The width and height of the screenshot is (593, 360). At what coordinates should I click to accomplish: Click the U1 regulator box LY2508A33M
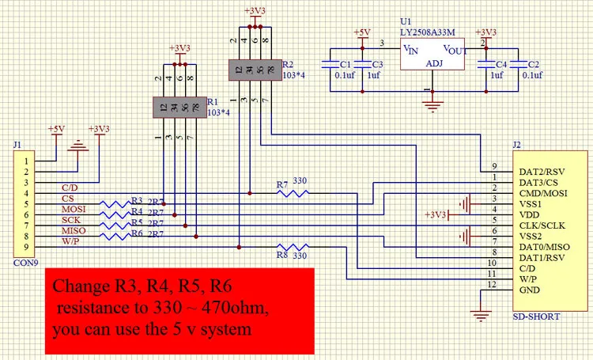[x=432, y=54]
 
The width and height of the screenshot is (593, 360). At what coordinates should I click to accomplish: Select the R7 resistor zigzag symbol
[x=293, y=193]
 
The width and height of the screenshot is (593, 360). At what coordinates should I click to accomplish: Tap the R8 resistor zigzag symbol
[x=293, y=247]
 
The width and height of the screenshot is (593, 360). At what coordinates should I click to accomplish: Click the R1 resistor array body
[x=179, y=108]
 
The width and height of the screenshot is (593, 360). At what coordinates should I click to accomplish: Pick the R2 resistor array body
[x=255, y=70]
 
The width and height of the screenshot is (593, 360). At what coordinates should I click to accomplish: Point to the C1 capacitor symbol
[x=330, y=64]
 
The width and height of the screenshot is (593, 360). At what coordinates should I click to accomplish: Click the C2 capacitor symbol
[x=519, y=64]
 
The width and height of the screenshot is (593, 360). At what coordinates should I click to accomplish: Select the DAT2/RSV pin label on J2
[x=542, y=172]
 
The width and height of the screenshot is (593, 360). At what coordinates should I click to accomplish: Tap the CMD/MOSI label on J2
[x=543, y=193]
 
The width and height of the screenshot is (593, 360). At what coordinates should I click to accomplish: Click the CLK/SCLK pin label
[x=542, y=225]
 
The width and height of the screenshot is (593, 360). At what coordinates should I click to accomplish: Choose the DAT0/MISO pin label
[x=544, y=247]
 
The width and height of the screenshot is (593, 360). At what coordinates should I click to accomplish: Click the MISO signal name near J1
[x=74, y=230]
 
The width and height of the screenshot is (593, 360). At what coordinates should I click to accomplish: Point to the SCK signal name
[x=71, y=220]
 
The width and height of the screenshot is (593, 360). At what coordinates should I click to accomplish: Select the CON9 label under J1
[x=26, y=263]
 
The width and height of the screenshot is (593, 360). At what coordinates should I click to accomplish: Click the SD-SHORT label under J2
[x=536, y=316]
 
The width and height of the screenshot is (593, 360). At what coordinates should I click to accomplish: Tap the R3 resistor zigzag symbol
[x=115, y=204]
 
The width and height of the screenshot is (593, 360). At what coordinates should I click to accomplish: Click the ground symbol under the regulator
[x=432, y=106]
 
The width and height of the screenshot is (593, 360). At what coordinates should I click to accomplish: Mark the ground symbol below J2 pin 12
[x=481, y=316]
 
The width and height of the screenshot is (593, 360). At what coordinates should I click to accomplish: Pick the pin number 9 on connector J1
[x=26, y=247]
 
